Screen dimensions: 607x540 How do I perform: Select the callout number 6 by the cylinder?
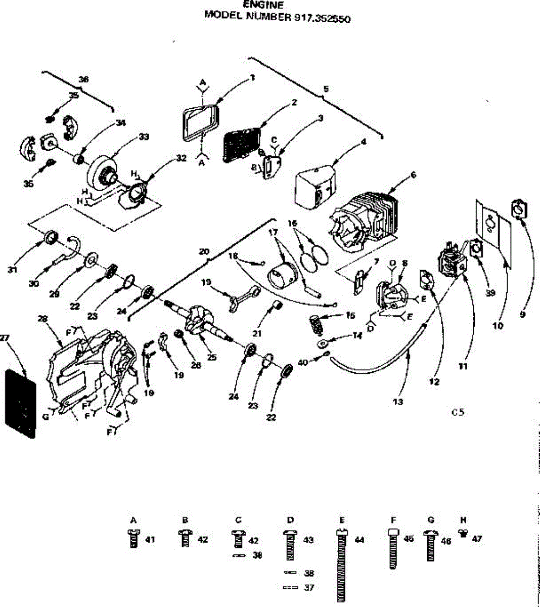413,175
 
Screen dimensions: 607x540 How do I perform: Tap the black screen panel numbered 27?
20,403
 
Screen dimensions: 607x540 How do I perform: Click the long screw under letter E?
342,567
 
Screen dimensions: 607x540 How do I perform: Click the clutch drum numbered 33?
101,173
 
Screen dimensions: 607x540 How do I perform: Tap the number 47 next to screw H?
476,539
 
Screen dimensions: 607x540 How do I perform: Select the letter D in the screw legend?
290,520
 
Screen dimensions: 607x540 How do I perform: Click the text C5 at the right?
458,412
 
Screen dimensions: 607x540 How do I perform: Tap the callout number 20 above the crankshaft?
204,251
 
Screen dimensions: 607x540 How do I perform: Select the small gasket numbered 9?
521,208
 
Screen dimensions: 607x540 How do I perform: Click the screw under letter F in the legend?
393,549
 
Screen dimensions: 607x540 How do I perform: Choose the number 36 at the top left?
84,79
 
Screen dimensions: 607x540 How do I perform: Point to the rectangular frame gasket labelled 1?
199,121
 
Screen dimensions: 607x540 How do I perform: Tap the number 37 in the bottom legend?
309,588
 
